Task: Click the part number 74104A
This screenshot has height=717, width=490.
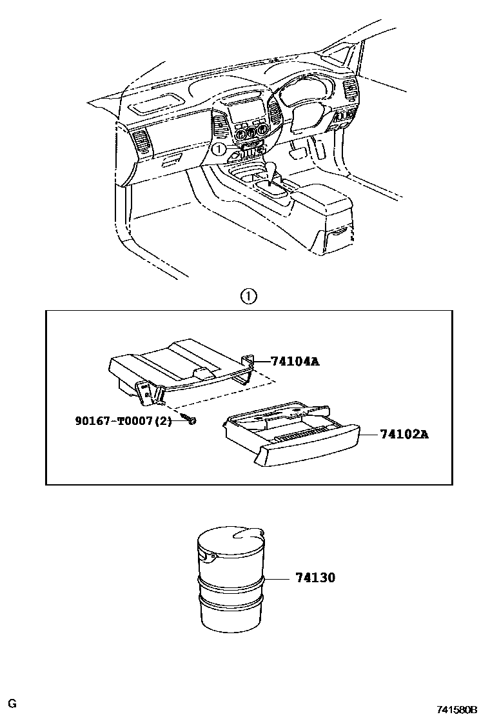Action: (294, 362)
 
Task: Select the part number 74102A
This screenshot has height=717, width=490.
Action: (403, 435)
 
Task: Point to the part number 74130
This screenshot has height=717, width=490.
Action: (315, 578)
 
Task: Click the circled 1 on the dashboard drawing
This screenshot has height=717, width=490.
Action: (220, 149)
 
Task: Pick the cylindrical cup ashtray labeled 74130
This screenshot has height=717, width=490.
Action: (231, 580)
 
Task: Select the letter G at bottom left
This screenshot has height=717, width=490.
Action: (12, 703)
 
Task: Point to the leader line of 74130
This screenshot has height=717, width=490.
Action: (277, 578)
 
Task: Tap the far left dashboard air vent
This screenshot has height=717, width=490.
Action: (140, 142)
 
